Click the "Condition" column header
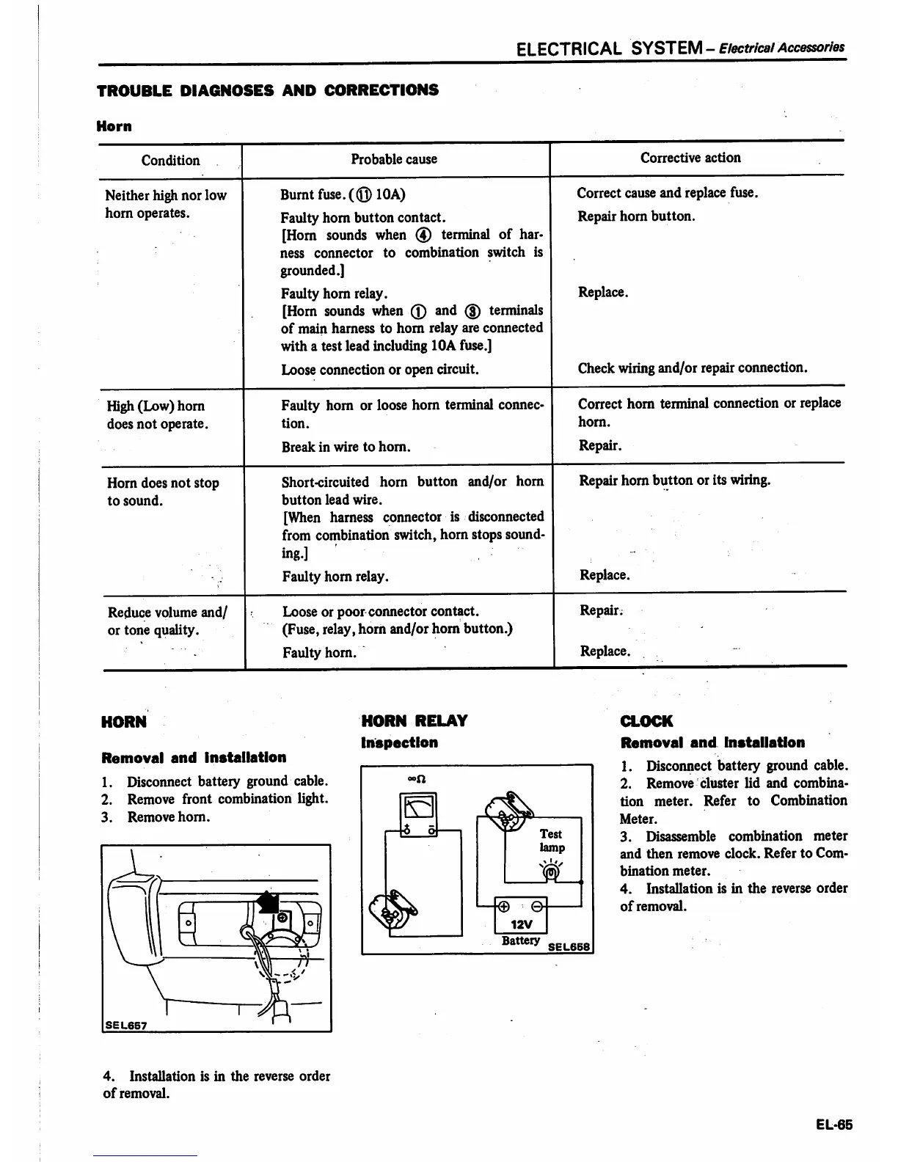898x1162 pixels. pyautogui.click(x=170, y=160)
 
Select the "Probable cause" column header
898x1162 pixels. pyautogui.click(x=393, y=159)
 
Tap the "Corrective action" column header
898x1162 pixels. pyautogui.click(x=690, y=158)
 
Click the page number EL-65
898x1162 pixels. pyautogui.click(x=833, y=1125)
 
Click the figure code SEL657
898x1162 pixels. pyautogui.click(x=125, y=1025)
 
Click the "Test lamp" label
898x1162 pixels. pyautogui.click(x=551, y=841)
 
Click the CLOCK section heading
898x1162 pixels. pyautogui.click(x=646, y=721)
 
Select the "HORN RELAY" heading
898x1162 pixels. pyautogui.click(x=415, y=721)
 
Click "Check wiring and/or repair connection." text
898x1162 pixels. pyautogui.click(x=692, y=368)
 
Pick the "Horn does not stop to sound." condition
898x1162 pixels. pyautogui.click(x=163, y=492)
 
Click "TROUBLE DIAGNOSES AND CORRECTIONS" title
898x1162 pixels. pyautogui.click(x=268, y=90)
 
